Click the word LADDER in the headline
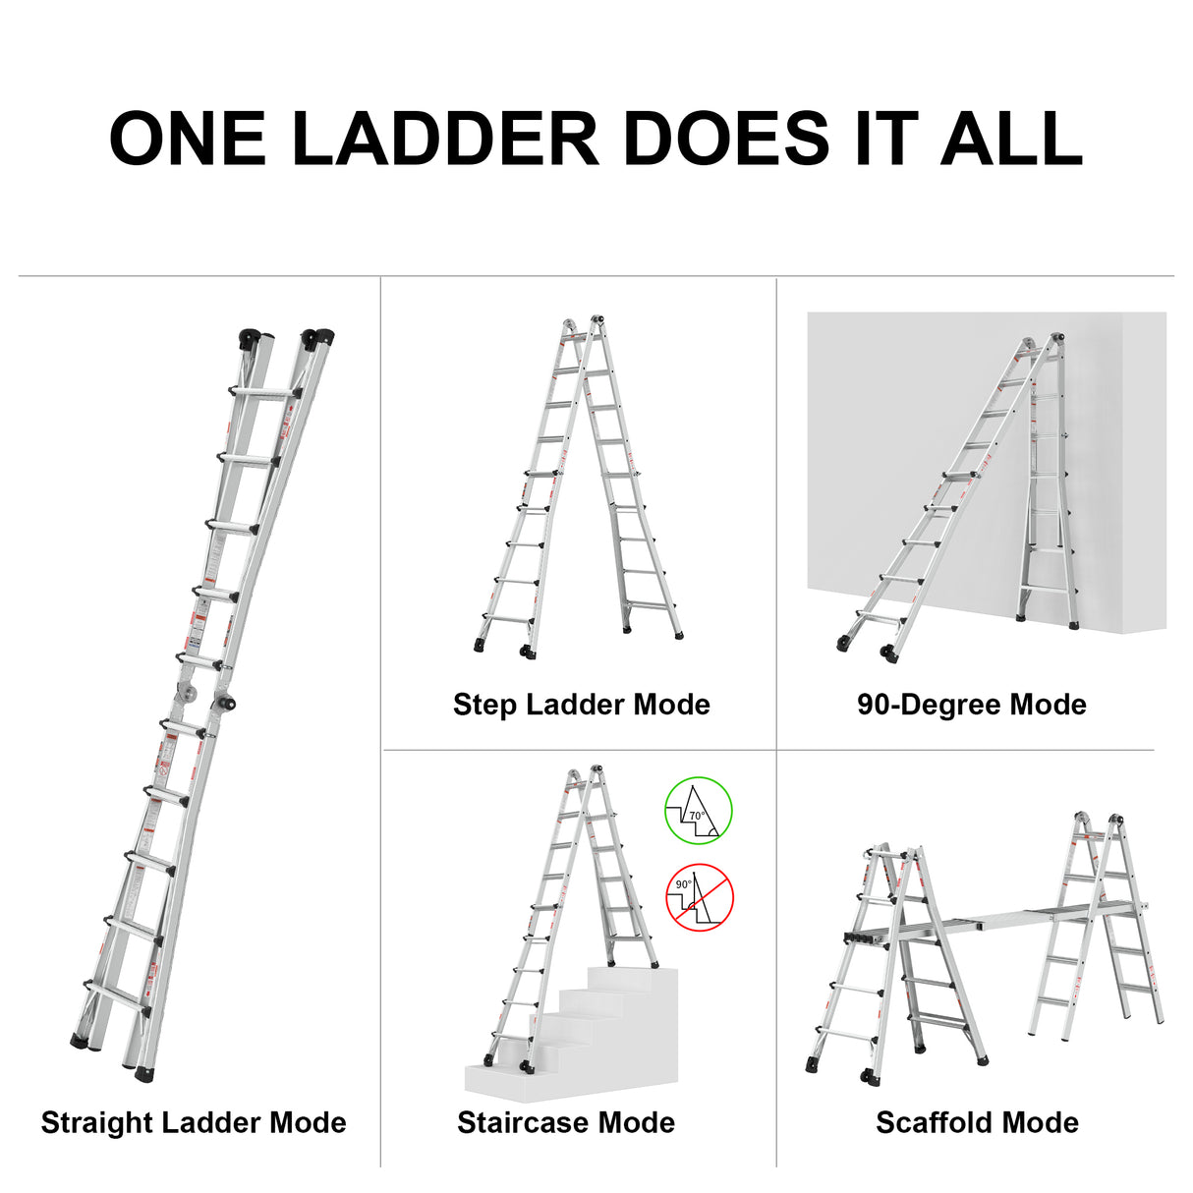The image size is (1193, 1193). tap(445, 139)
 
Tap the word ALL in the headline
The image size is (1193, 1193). tap(1011, 139)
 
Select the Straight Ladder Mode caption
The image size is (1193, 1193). tap(194, 1122)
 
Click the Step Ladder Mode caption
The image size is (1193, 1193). tap(581, 704)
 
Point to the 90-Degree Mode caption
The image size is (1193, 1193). tap(971, 704)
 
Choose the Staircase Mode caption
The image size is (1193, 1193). tap(565, 1122)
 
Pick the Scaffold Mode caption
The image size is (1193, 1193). tap(977, 1122)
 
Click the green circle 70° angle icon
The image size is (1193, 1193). tap(699, 811)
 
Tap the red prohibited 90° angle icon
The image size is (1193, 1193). tap(700, 896)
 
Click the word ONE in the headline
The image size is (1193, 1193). tap(187, 139)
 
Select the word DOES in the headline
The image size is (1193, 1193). tap(727, 139)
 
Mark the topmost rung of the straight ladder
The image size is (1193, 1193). tap(265, 392)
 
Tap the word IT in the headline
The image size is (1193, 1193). tap(885, 139)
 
